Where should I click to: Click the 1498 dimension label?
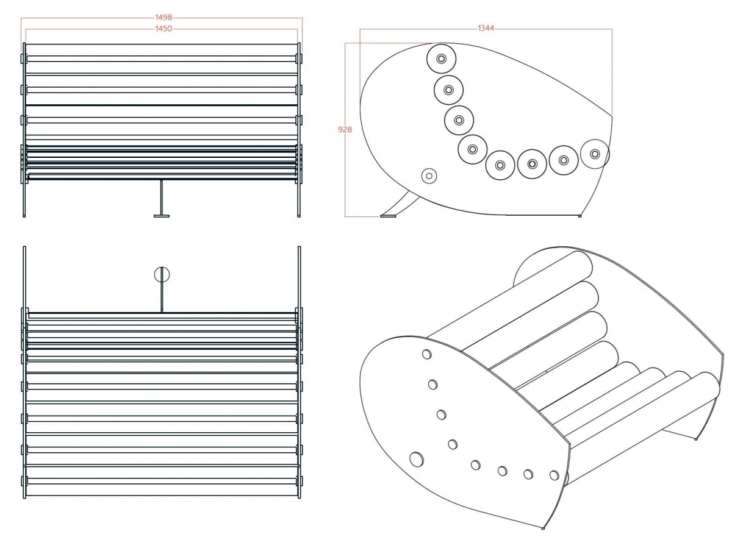pos(163,18)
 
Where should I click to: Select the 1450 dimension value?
pos(163,29)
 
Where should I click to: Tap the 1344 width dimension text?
pos(486,29)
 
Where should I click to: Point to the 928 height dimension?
pos(345,130)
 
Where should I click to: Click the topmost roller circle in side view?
pos(441,59)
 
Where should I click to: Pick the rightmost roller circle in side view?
pos(595,154)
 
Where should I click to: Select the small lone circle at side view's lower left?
pos(429,176)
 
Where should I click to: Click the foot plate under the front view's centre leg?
pos(162,216)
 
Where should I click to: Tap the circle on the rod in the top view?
pos(162,274)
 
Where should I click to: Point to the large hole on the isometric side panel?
pos(416,460)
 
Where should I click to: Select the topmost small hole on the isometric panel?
pos(427,354)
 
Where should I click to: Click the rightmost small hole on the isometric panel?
pos(554,475)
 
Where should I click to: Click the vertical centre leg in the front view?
pos(162,197)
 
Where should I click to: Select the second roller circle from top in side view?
pos(449,90)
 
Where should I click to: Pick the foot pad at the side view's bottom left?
pos(388,216)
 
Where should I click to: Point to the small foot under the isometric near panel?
pos(543,528)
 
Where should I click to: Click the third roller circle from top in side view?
pos(459,120)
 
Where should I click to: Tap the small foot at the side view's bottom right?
pos(579,216)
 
